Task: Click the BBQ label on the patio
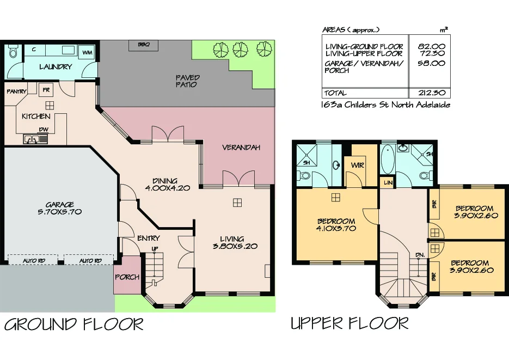pyautogui.click(x=144, y=44)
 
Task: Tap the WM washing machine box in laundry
pyautogui.click(x=87, y=52)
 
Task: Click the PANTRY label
pyautogui.click(x=16, y=91)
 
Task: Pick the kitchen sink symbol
pyautogui.click(x=31, y=139)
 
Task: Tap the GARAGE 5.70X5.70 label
pyautogui.click(x=60, y=208)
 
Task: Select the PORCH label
pyautogui.click(x=127, y=277)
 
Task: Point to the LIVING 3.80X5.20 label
pyautogui.click(x=232, y=242)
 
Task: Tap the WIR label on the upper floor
pyautogui.click(x=358, y=164)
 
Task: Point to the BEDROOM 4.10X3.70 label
pyautogui.click(x=336, y=225)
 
